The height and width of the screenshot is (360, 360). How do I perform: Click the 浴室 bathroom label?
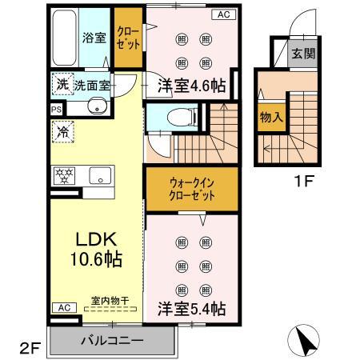pyautogui.click(x=94, y=38)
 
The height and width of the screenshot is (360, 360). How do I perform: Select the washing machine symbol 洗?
pyautogui.click(x=62, y=83)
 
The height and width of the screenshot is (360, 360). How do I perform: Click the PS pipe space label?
pyautogui.click(x=56, y=110)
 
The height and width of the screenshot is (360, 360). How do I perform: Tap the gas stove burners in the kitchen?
pyautogui.click(x=64, y=175)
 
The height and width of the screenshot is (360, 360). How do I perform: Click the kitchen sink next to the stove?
pyautogui.click(x=100, y=176)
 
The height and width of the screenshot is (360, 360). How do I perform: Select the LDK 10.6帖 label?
pyautogui.click(x=96, y=248)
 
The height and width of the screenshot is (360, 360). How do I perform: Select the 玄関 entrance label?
pyautogui.click(x=302, y=54)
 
